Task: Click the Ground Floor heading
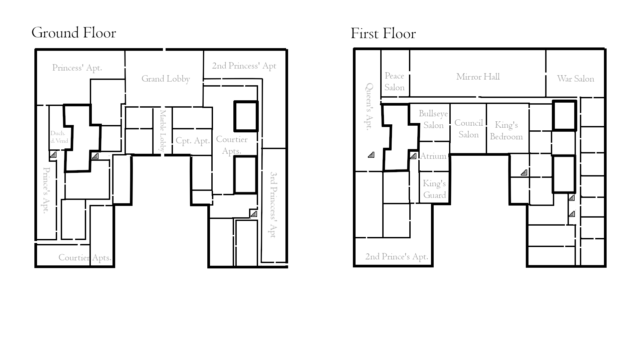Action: (74, 33)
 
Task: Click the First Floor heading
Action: (383, 33)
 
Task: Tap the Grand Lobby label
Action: (166, 79)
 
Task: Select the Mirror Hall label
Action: (478, 77)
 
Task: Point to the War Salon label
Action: (576, 79)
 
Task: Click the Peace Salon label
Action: (395, 82)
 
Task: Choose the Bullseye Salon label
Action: (433, 119)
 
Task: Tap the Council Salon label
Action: (469, 129)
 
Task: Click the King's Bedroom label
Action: (506, 131)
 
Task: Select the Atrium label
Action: (433, 156)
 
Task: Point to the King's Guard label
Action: (434, 189)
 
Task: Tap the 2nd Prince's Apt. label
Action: (397, 257)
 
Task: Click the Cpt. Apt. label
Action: (193, 141)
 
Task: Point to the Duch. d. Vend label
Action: (59, 137)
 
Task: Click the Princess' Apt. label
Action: (77, 68)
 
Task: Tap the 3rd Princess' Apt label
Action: (273, 205)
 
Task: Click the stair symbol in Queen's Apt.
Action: (371, 155)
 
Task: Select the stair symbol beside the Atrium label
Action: (413, 156)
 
